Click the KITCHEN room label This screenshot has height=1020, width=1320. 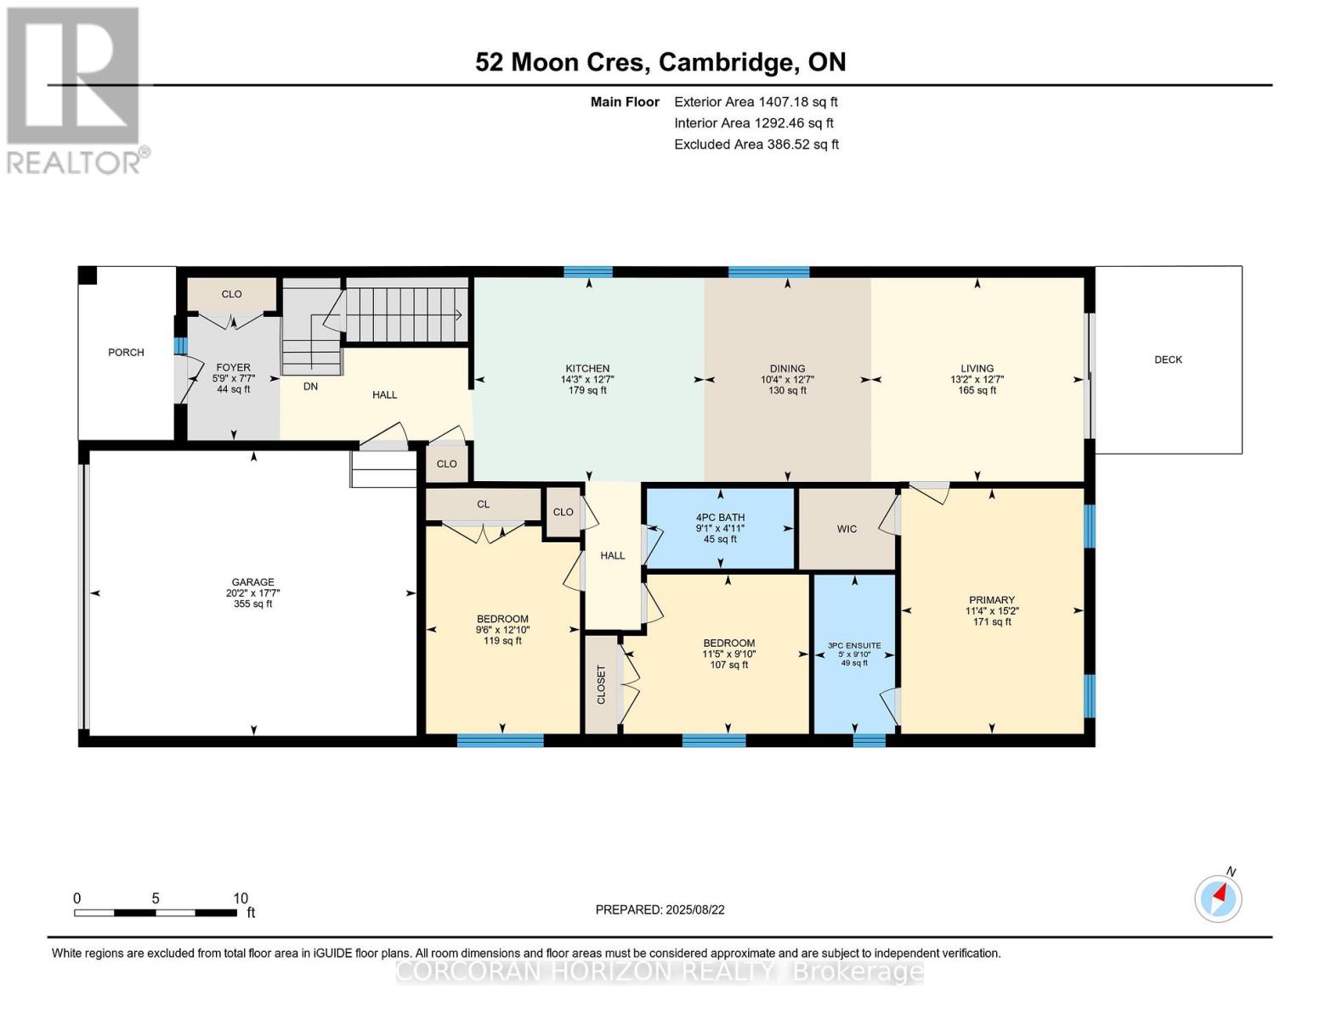(x=587, y=369)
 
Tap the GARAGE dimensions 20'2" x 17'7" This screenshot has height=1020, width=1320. (x=252, y=593)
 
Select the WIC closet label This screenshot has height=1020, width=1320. (x=847, y=529)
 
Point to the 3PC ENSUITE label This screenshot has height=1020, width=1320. (x=854, y=646)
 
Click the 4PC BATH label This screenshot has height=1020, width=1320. (x=720, y=517)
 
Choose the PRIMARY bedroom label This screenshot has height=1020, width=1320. (x=991, y=599)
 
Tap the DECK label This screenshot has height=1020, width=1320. (x=1168, y=360)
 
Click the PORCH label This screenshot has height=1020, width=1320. (x=126, y=352)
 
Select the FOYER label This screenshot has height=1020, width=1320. (x=233, y=368)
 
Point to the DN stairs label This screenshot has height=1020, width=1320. (x=310, y=386)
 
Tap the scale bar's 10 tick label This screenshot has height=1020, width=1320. (x=240, y=898)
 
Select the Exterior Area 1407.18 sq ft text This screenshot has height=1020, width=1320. (x=756, y=102)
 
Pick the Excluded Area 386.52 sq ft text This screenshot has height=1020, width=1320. (x=756, y=144)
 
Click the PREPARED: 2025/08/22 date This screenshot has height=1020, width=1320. (x=660, y=909)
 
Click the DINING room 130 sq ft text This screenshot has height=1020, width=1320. (x=787, y=391)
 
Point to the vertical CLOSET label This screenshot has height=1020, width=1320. (x=602, y=684)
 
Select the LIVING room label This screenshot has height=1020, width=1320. (x=977, y=369)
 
